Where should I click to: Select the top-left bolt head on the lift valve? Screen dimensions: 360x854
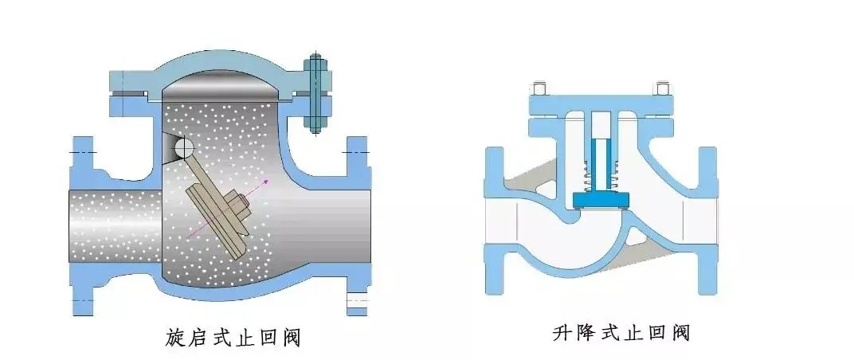point(539,88)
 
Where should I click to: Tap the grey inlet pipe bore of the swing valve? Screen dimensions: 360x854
point(112,218)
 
